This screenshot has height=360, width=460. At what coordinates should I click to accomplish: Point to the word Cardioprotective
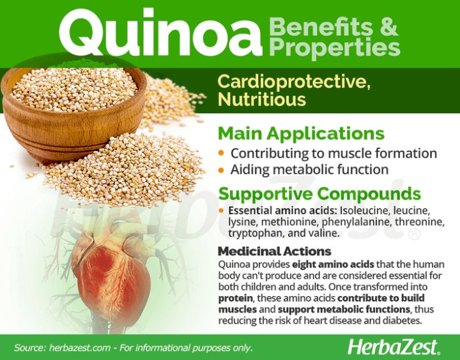(x=293, y=82)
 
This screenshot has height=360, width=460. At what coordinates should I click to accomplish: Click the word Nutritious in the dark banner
(x=262, y=100)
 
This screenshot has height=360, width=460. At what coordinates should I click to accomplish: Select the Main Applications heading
(x=301, y=134)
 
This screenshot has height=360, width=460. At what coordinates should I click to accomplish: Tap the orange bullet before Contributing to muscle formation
(x=221, y=153)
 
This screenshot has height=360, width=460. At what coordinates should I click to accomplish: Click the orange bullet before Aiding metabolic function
(x=221, y=170)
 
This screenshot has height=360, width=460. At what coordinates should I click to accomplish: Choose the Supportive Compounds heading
(x=319, y=194)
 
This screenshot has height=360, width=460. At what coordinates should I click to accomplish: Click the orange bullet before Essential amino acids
(x=221, y=210)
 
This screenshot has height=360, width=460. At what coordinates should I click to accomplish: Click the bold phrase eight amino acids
(x=328, y=264)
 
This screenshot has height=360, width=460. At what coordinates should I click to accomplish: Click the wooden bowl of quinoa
(x=73, y=106)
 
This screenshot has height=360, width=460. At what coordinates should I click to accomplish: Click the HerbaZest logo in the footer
(x=394, y=347)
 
